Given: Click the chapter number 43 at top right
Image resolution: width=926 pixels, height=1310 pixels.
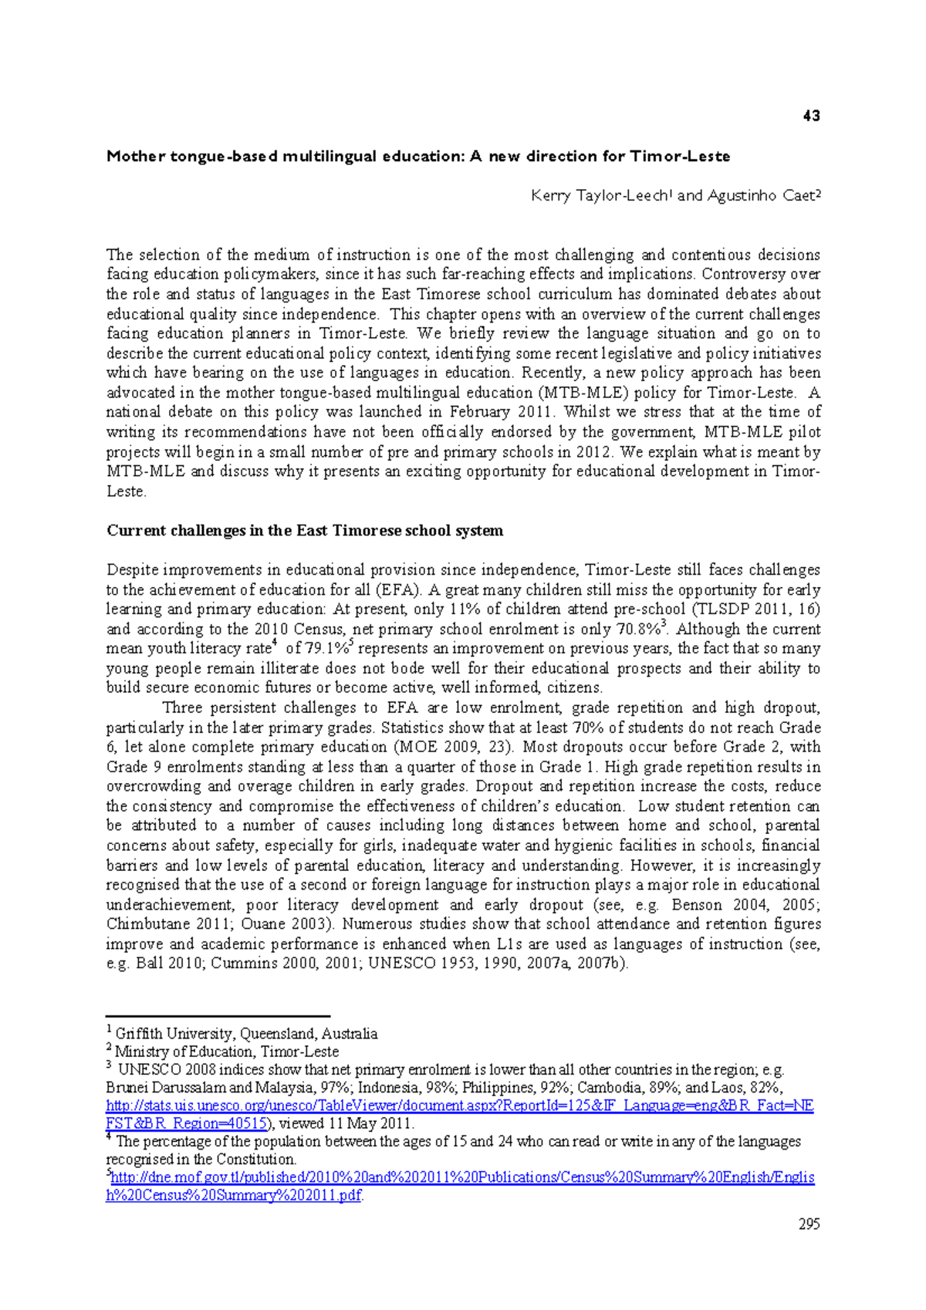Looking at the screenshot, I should point(811,116).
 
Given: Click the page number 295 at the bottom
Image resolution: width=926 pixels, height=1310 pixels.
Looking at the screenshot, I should point(809,1224).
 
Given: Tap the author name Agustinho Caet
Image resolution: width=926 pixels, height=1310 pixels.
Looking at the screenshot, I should point(760,196).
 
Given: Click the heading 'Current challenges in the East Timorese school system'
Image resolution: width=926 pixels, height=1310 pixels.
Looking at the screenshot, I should point(305,531).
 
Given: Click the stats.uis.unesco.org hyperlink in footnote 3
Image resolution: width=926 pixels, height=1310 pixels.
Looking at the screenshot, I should point(459,1106).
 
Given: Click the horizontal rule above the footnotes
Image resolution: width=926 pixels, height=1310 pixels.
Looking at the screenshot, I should point(218,1017).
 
